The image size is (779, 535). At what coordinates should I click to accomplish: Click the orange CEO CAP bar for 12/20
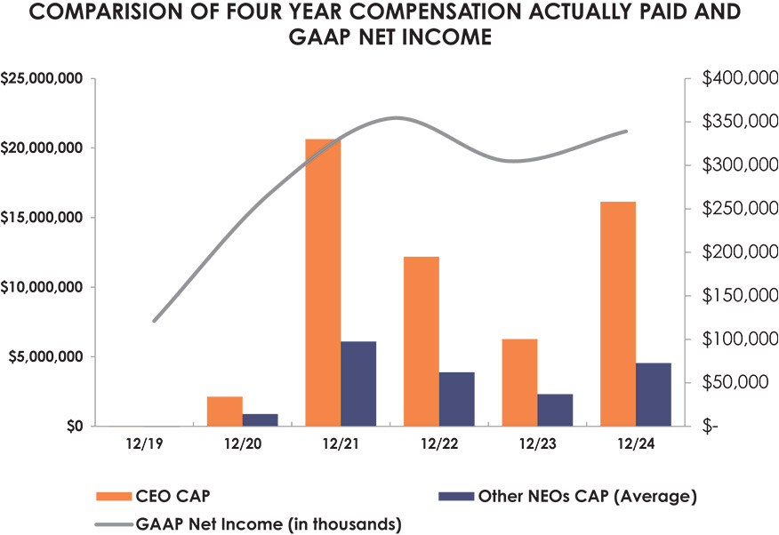[225, 411]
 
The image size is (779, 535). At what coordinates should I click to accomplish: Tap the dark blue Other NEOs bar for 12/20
[261, 419]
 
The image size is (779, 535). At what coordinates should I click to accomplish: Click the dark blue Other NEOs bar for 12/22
[457, 399]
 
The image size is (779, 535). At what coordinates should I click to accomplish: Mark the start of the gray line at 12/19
[154, 321]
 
